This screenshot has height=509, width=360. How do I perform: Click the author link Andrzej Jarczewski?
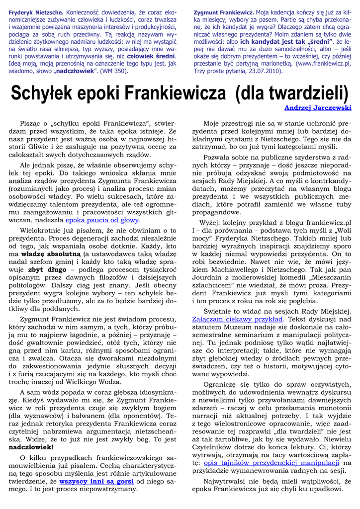(318, 108)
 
